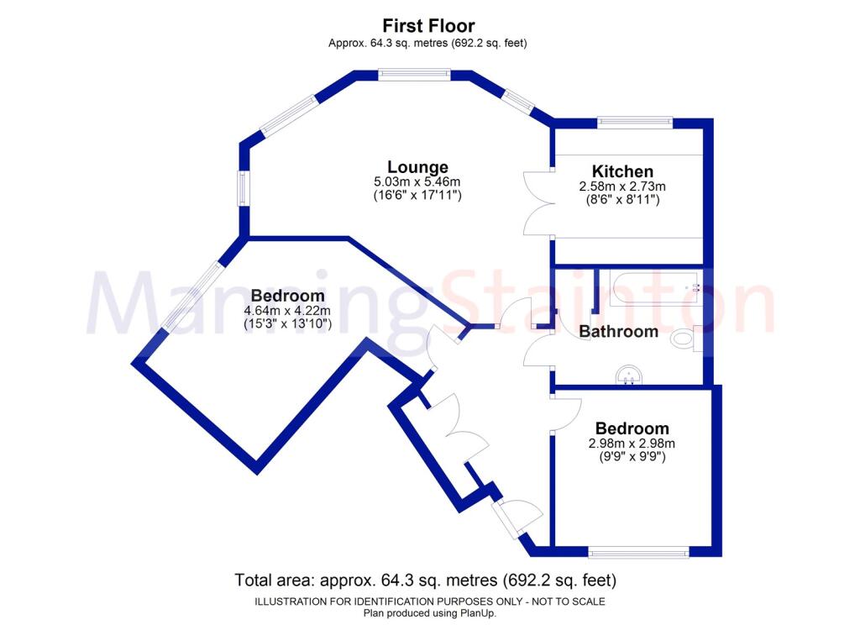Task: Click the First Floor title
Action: (x=428, y=26)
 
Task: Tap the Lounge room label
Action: (x=417, y=167)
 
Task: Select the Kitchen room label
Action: (x=622, y=171)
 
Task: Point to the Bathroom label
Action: (x=619, y=332)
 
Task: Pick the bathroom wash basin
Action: (x=628, y=376)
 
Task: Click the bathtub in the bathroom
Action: (x=653, y=289)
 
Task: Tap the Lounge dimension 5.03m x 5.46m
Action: (x=417, y=181)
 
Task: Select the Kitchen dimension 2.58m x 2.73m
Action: (x=622, y=186)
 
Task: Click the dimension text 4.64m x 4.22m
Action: (x=287, y=311)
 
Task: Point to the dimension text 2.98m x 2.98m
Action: (x=632, y=444)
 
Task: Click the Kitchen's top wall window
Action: (x=635, y=123)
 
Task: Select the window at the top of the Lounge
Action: (x=414, y=75)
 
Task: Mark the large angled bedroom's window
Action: (x=194, y=296)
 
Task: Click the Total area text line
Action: (x=426, y=580)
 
